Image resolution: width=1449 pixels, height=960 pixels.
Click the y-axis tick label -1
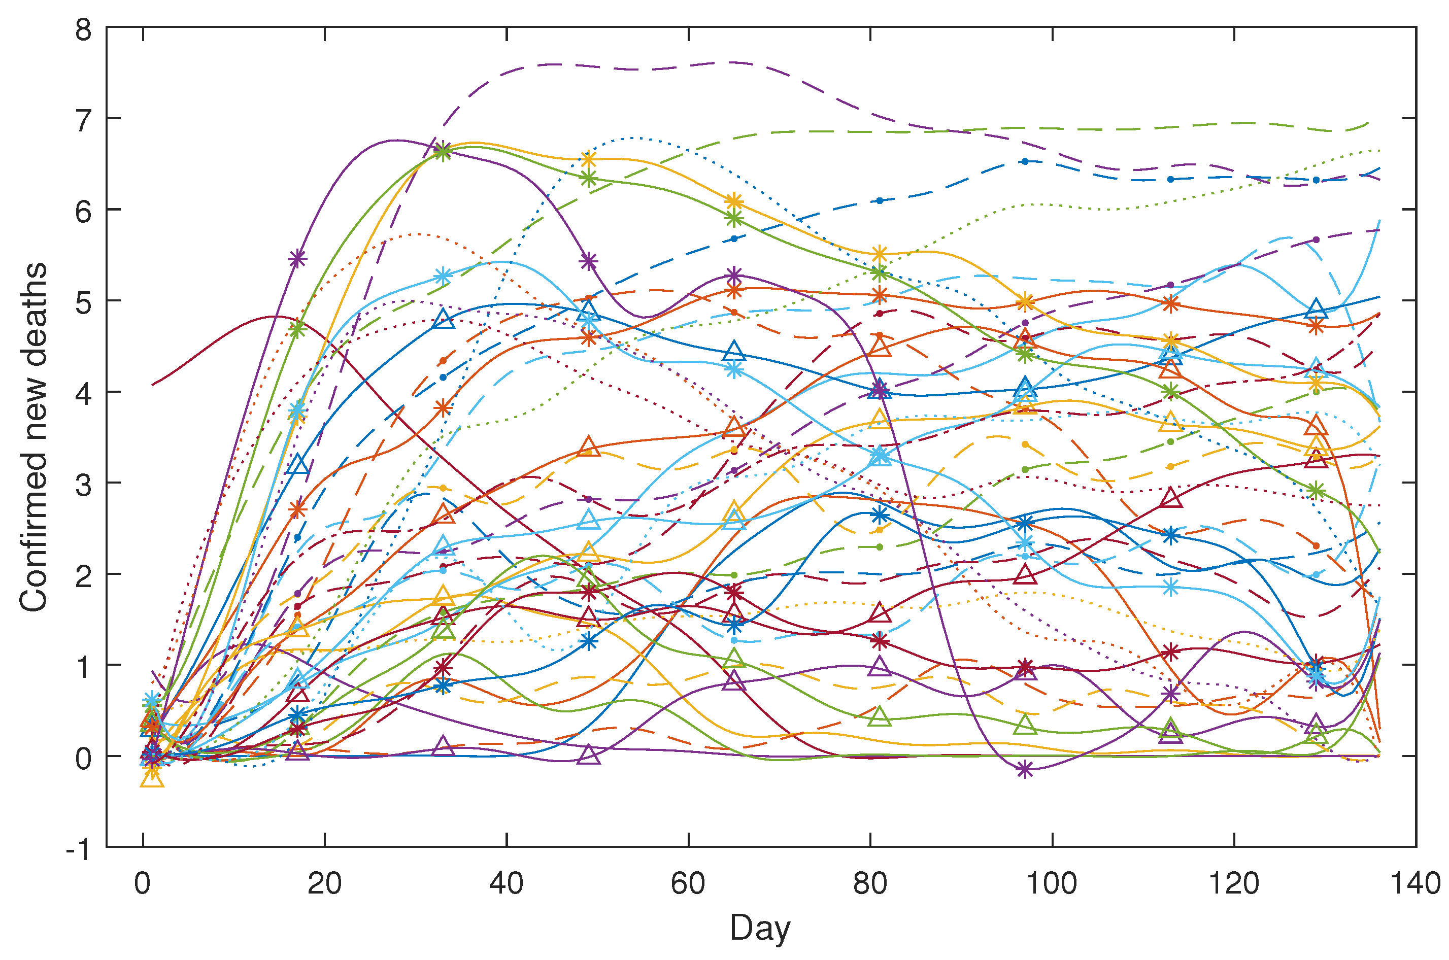(x=78, y=851)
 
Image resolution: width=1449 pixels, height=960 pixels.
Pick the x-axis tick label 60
(x=688, y=884)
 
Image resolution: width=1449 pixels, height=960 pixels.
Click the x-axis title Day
(x=759, y=928)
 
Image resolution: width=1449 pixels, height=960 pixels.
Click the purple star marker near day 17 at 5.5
(x=297, y=259)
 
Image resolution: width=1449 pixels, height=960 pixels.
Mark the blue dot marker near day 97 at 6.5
(x=1025, y=162)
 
